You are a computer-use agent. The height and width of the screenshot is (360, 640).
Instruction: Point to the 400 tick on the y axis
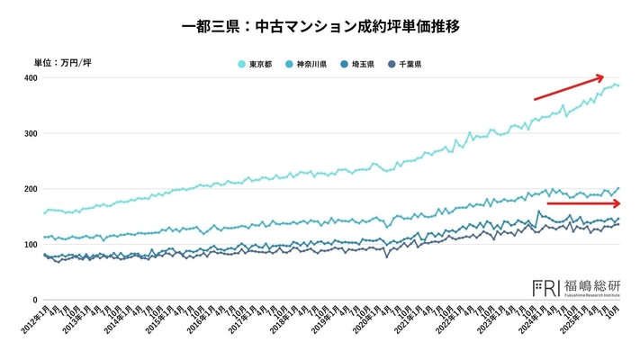(30, 78)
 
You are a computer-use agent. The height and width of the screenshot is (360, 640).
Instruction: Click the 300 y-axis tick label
(30, 134)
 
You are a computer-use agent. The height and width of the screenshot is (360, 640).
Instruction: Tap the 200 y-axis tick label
(30, 189)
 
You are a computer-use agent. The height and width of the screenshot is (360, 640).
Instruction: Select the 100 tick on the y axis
(30, 245)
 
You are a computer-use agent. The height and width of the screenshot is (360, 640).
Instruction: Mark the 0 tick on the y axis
(35, 300)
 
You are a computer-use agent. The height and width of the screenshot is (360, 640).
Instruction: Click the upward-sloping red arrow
(568, 87)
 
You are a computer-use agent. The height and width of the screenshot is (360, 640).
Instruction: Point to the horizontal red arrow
(582, 203)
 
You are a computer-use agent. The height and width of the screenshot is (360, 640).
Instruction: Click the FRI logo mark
(545, 287)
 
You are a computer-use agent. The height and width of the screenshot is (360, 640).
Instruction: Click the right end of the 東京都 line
(618, 85)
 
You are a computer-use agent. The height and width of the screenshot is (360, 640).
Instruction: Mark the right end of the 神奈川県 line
(618, 188)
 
